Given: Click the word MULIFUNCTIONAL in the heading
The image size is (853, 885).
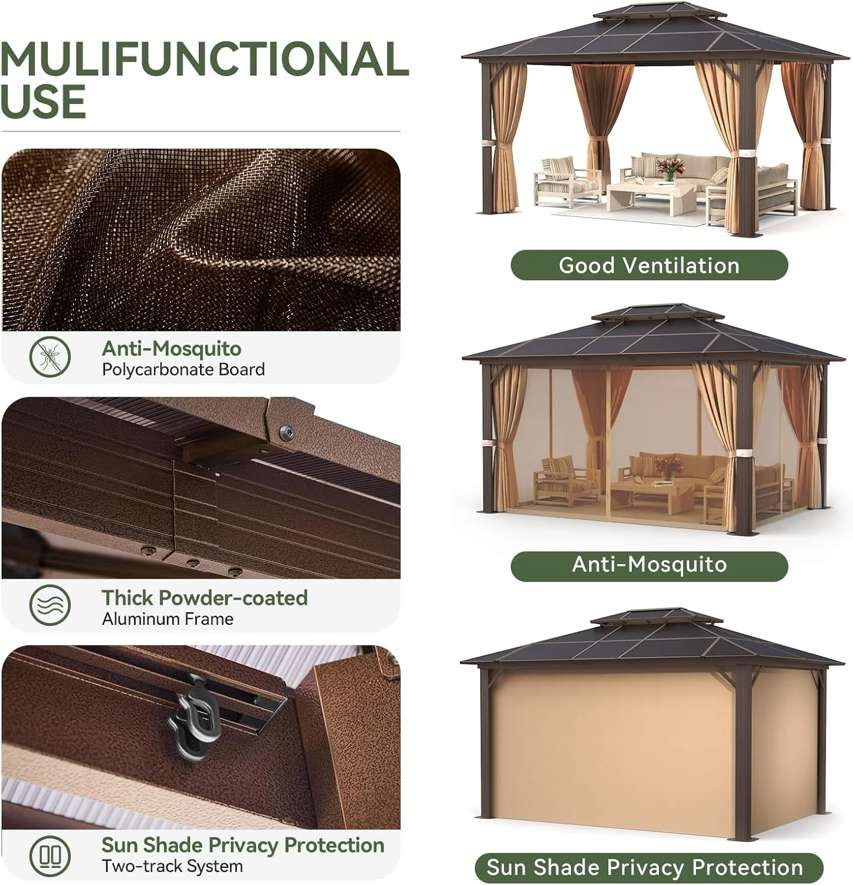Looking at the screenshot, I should [x=204, y=59].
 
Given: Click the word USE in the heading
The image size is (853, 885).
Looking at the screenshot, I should [x=44, y=101].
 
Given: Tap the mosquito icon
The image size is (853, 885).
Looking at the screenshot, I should [x=50, y=356].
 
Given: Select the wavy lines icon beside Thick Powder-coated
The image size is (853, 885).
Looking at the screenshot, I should [x=50, y=605].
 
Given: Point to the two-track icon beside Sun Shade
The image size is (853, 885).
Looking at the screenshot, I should [x=50, y=855].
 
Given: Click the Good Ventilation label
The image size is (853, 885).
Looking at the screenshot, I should [x=649, y=265].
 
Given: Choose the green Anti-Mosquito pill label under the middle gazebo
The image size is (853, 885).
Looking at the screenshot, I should [x=649, y=565].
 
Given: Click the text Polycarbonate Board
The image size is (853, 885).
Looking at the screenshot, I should [x=183, y=370].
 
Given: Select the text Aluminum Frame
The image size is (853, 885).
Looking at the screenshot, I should [x=168, y=619].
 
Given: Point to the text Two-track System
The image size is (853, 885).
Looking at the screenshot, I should [x=172, y=866].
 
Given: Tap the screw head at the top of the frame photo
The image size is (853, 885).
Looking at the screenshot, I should [x=288, y=432].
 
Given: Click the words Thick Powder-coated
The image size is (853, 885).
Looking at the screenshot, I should [x=205, y=598].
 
